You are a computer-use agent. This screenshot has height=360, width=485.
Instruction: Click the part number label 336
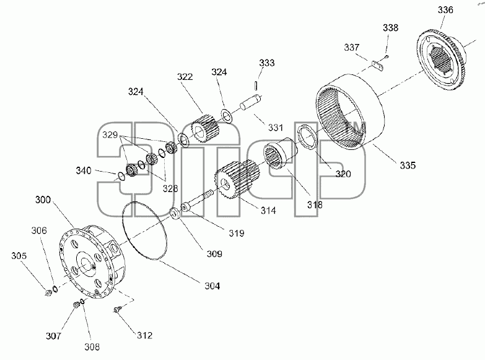tap(445, 10)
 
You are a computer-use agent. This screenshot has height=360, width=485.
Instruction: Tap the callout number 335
tap(408, 165)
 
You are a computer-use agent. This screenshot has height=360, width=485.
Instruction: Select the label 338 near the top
tap(391, 28)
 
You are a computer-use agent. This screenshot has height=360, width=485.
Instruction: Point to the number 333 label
tap(266, 63)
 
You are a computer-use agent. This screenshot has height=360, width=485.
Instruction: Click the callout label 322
tap(185, 77)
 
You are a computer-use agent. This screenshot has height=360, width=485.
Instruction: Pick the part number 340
tap(84, 170)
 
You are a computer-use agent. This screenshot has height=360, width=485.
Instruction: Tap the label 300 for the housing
tap(43, 200)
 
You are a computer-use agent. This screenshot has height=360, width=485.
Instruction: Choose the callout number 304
tap(212, 286)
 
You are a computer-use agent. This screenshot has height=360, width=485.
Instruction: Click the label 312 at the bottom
tap(144, 336)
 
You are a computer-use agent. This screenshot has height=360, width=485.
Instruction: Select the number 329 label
tap(110, 135)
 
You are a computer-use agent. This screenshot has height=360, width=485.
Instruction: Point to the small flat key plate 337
tap(377, 66)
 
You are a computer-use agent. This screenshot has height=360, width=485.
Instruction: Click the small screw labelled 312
tap(117, 309)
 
